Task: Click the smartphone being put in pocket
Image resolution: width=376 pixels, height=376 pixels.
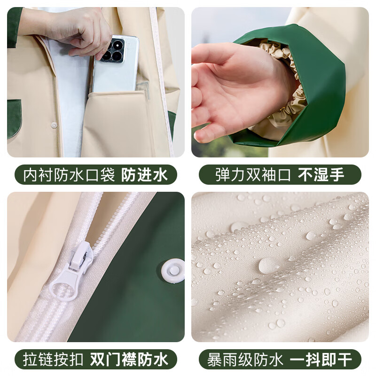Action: pyautogui.click(x=115, y=66)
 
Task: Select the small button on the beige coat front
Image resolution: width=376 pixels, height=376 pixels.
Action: pyautogui.click(x=54, y=125)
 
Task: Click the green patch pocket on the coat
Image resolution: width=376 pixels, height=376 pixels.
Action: pyautogui.click(x=14, y=117)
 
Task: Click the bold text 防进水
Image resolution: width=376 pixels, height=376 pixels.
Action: pyautogui.click(x=144, y=175)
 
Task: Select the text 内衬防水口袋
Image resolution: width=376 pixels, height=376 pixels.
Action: pyautogui.click(x=69, y=175)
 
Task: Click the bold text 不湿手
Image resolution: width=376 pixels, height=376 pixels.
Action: pyautogui.click(x=321, y=175)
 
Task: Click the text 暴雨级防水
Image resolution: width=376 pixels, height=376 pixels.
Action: pyautogui.click(x=245, y=360)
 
